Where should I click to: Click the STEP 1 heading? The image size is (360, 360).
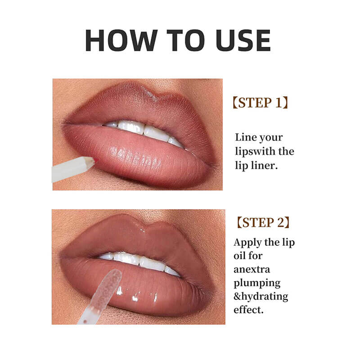[261, 102]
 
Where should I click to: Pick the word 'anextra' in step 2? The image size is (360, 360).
[252, 270]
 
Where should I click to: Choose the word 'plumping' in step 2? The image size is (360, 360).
[256, 283]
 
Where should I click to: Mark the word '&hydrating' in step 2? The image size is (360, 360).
[261, 297]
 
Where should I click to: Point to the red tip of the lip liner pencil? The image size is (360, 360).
[92, 160]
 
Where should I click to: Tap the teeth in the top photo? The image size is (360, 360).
[144, 130]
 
